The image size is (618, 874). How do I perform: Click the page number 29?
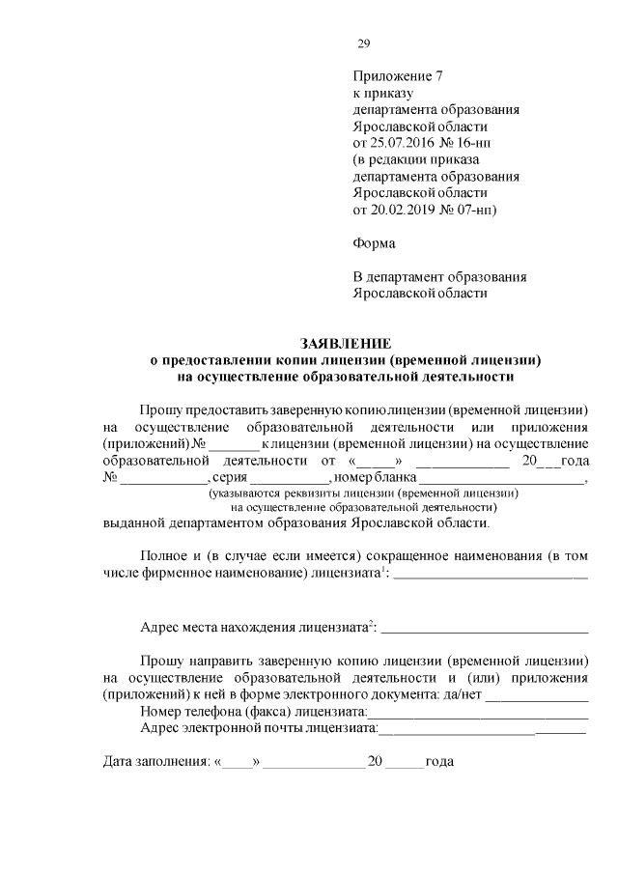pos(363,43)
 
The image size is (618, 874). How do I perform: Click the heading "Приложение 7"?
pos(397,75)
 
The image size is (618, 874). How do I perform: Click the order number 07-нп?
pos(471,209)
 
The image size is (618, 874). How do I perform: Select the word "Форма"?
pos(374,242)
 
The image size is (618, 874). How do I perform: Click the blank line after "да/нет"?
pos(537,696)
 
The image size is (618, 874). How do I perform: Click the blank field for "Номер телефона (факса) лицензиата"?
pos(482,714)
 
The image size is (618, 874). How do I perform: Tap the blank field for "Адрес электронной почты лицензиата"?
pos(482,730)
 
